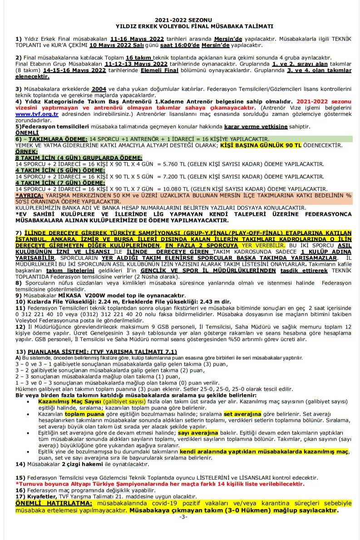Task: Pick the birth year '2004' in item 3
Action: click(x=99, y=89)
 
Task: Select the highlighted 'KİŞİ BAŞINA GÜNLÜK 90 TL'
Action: click(x=261, y=145)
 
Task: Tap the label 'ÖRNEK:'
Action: click(x=26, y=151)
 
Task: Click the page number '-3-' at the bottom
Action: click(x=183, y=517)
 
